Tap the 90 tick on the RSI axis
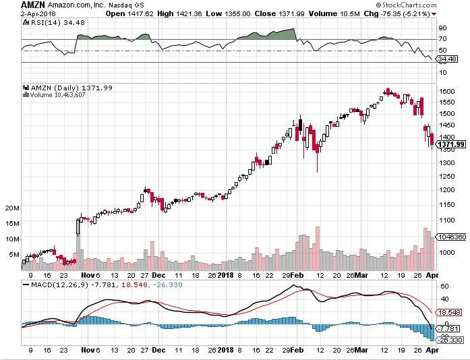[442, 28]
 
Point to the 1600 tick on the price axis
[447, 90]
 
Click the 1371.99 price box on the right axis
[451, 144]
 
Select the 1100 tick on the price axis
[447, 220]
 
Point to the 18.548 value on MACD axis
[450, 313]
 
